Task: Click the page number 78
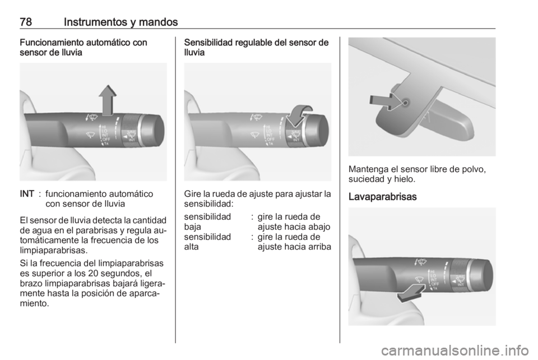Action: click(x=26, y=22)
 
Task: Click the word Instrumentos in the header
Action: click(x=95, y=22)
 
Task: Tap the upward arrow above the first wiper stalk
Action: click(x=108, y=100)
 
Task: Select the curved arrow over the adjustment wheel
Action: click(x=299, y=116)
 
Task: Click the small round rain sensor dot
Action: click(x=405, y=103)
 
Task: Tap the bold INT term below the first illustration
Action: click(x=27, y=194)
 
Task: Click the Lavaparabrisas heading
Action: click(x=382, y=197)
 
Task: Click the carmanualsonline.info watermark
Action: click(x=455, y=350)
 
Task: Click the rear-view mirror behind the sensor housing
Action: click(x=446, y=120)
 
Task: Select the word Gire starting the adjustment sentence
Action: click(x=192, y=194)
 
